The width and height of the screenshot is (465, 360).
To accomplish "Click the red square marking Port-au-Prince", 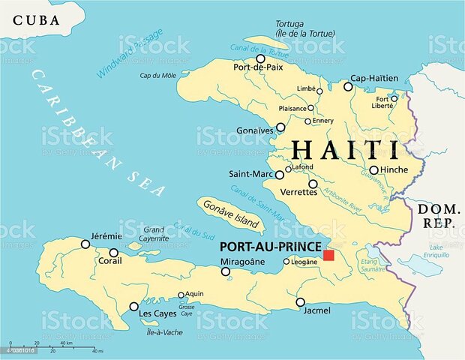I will pos(328,256).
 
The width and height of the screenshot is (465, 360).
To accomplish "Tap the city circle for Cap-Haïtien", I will pos(348,86).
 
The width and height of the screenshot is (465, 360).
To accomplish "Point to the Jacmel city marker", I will pos(300,302).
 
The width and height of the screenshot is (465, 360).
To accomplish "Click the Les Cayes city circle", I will pos(133,306).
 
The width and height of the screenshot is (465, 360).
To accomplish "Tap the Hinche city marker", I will pos(373,169).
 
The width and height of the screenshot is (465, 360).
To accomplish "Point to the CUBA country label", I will pos(37,19).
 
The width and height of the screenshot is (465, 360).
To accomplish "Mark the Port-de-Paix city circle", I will pos(260,58).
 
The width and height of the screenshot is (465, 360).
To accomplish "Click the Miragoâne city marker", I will pos(225,271).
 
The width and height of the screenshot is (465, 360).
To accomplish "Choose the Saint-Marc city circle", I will pos(280,175).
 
